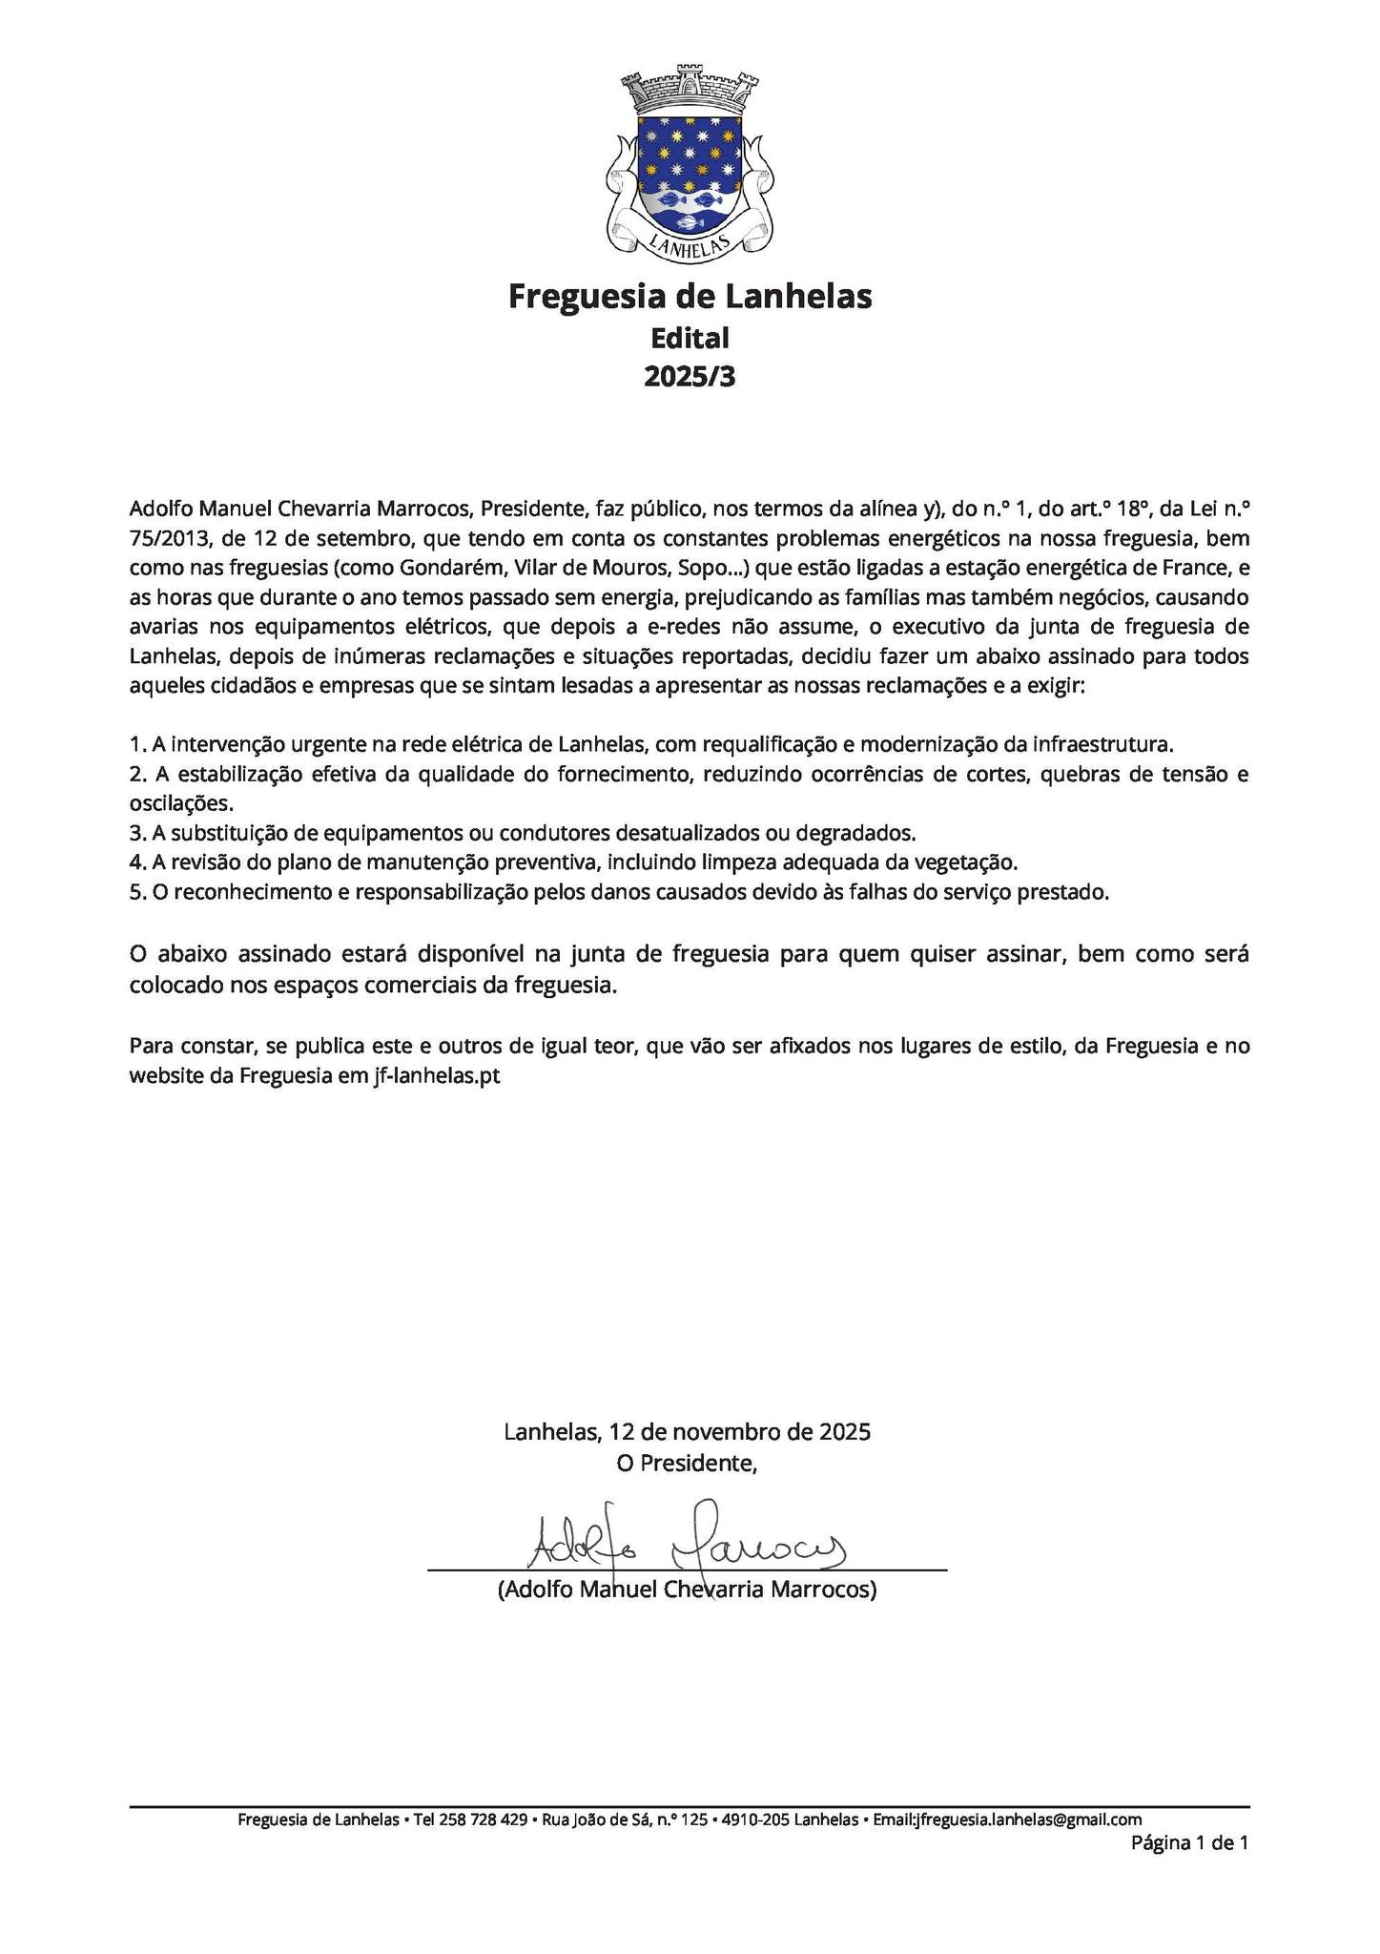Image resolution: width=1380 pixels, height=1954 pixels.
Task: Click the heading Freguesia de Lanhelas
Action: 690,297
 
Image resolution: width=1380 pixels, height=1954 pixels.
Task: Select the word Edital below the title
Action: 690,338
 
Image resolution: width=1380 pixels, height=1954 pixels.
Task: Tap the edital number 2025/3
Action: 690,377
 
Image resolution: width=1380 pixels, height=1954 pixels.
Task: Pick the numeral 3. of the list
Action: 137,833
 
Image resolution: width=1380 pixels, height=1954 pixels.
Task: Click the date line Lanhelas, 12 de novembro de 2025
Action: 687,1431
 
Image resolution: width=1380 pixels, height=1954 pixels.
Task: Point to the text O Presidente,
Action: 687,1463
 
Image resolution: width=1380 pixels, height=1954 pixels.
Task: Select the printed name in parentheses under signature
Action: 687,1590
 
